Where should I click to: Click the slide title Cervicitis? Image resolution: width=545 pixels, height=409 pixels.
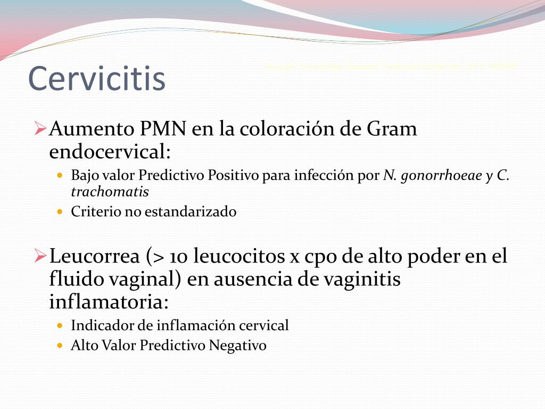(96, 78)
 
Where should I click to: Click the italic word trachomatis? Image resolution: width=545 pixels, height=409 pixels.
(110, 192)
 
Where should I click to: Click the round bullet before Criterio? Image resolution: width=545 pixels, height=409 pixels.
(60, 212)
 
